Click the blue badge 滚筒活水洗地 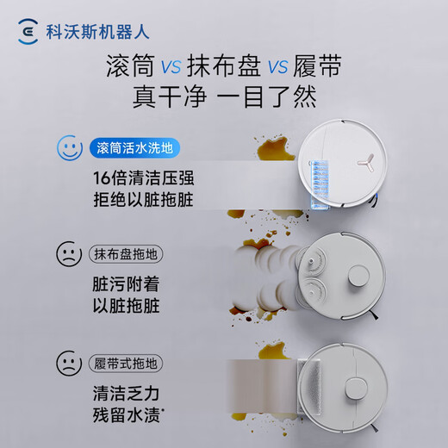tap(133, 148)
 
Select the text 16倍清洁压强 tap(147, 178)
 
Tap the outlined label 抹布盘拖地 tap(127, 255)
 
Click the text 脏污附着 tap(127, 284)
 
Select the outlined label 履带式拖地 tap(127, 360)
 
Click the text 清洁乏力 tap(127, 390)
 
